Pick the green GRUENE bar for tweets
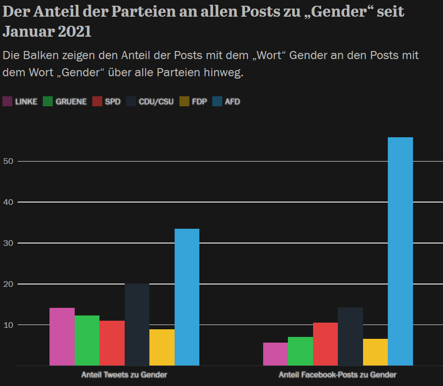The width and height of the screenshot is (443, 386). [x=87, y=340]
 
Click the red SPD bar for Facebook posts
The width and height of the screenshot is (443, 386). [x=325, y=344]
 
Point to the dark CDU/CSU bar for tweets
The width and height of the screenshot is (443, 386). [x=137, y=325]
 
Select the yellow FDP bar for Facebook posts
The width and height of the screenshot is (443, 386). [x=375, y=352]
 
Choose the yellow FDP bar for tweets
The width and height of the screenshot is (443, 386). [x=162, y=347]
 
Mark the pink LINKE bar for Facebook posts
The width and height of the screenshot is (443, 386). [x=276, y=354]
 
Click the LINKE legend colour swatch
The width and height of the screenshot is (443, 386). [x=8, y=102]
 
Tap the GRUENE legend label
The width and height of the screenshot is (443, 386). [x=71, y=102]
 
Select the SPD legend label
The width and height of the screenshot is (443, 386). [x=113, y=102]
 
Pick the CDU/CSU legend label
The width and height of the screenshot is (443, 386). [x=156, y=102]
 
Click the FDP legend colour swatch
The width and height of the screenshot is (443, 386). [x=185, y=102]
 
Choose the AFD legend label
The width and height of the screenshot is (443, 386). [x=232, y=102]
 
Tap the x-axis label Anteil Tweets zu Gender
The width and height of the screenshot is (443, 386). [x=124, y=375]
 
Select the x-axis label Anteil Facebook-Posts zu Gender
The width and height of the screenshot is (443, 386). [x=337, y=375]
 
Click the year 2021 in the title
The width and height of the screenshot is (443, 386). [x=75, y=32]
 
